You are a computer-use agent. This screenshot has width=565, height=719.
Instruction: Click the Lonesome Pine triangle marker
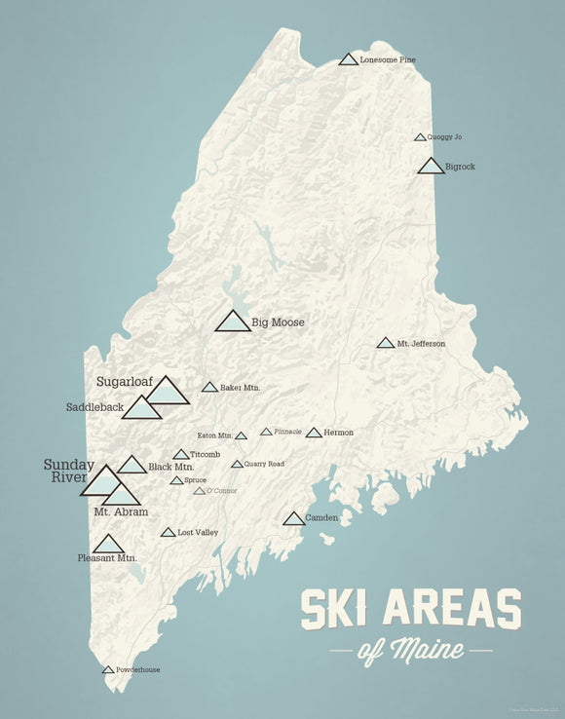coord(348,60)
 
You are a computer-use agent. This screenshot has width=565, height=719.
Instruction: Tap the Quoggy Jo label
coord(444,137)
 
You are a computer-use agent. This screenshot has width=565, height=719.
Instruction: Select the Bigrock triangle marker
coord(431,167)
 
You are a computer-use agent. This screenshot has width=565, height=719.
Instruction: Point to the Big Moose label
coord(278,322)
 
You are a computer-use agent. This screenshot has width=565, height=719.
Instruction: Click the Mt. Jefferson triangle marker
coord(385,343)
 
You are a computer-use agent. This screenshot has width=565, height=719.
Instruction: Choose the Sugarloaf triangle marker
coord(168,392)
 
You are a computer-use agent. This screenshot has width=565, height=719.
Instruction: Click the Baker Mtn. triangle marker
coord(209,388)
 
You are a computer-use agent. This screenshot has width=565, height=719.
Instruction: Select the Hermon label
coord(339,433)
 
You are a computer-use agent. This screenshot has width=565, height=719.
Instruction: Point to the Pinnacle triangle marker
coord(266,432)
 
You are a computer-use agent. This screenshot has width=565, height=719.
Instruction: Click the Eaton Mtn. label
coord(214,435)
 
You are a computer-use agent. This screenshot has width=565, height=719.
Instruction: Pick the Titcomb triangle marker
coord(181,455)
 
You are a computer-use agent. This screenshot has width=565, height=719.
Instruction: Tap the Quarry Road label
coord(264,464)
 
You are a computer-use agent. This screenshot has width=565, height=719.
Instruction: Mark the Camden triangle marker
coord(293,519)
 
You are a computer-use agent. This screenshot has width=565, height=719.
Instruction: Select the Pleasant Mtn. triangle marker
coord(108,545)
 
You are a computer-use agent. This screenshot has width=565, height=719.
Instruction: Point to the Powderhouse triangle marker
coord(108,670)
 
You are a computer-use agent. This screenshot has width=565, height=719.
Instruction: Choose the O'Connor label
coord(222,491)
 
